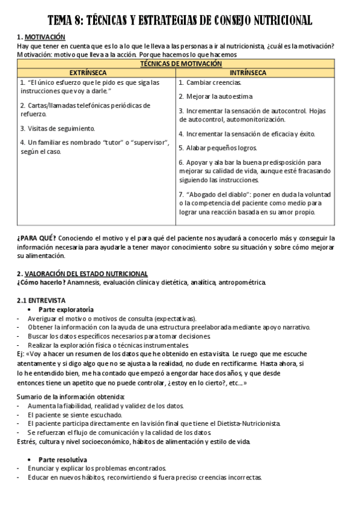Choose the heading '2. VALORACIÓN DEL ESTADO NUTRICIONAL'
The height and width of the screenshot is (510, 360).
(82, 273)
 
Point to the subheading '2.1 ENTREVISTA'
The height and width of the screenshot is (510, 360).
(42, 300)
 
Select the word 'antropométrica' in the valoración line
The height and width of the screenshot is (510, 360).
(241, 282)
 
